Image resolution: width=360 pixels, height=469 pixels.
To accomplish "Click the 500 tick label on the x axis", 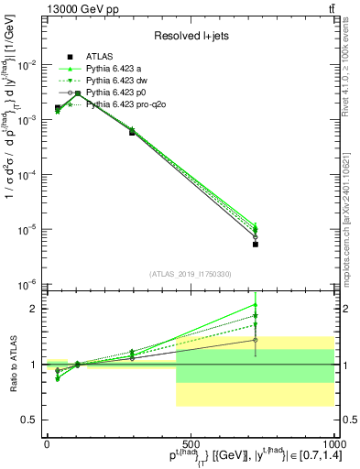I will point(190,442).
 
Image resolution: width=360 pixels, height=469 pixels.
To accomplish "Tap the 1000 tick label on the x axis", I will point(332,442).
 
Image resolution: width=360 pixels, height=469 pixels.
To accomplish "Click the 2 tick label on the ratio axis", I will point(34,309).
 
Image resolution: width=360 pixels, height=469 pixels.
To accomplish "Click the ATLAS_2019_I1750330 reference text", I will point(190,274).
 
